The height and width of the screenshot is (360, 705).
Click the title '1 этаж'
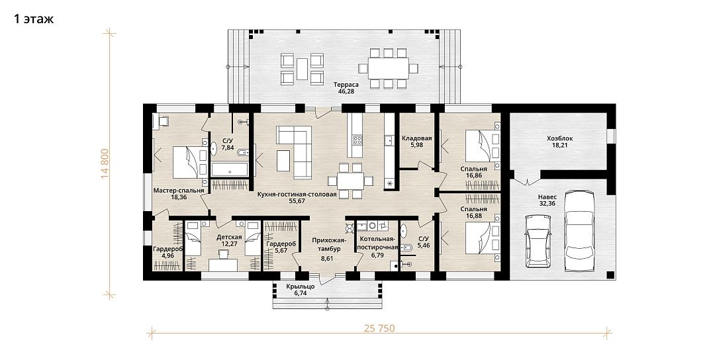[x=34, y=19]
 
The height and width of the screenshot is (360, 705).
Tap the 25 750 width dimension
[x=379, y=328]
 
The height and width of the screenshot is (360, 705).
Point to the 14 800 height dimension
[x=105, y=163]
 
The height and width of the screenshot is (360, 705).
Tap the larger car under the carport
[x=581, y=231]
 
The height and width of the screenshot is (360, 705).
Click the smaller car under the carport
[x=538, y=241]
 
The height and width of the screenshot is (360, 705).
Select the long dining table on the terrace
[x=389, y=68]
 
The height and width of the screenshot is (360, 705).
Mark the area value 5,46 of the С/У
[x=424, y=246]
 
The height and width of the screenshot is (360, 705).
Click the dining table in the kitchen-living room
[x=351, y=181]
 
